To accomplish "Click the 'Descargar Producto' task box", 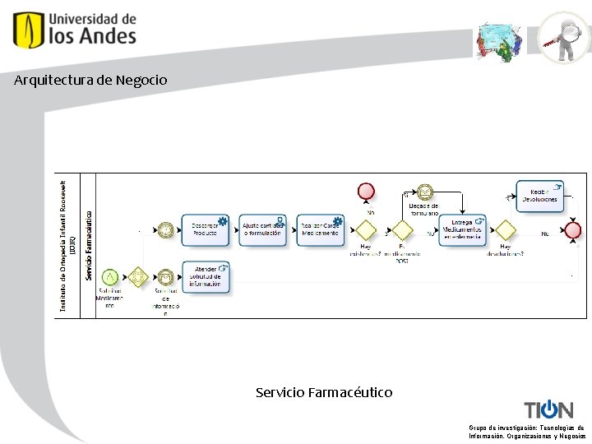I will (x=205, y=229).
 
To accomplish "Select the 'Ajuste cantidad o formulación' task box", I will (x=262, y=229).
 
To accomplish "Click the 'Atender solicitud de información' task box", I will (x=206, y=278).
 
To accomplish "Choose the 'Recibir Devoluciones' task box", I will (x=539, y=195).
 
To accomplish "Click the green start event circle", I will (x=109, y=278).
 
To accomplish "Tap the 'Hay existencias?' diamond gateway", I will (x=366, y=229).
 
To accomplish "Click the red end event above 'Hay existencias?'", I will (x=366, y=192).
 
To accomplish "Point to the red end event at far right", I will (x=573, y=230).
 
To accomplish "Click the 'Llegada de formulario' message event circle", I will (x=424, y=192).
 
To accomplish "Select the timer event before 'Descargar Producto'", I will (x=166, y=229).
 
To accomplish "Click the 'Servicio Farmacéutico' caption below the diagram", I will (x=324, y=393).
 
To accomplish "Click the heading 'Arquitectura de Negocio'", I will (x=90, y=81).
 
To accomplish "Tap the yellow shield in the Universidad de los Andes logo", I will (x=29, y=30).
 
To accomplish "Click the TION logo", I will (x=548, y=409).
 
